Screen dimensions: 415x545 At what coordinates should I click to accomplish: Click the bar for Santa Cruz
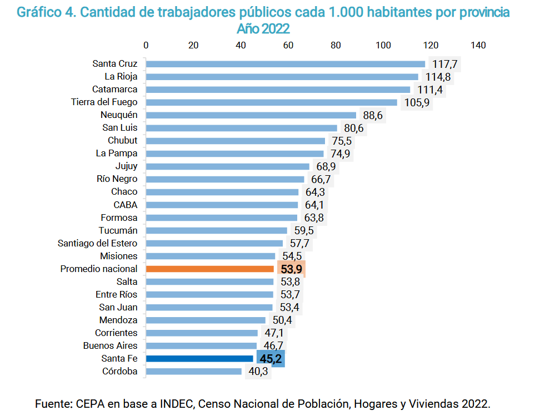point(285,64)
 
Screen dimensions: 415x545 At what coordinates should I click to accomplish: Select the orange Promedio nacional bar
point(210,269)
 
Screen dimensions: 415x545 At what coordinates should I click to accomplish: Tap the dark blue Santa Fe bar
point(199,359)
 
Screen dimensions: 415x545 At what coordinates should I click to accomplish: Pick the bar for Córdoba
point(194,372)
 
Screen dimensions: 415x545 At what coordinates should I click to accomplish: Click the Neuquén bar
point(251,115)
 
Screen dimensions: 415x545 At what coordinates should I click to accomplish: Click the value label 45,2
point(271,359)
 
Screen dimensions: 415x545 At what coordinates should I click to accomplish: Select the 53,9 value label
point(291,269)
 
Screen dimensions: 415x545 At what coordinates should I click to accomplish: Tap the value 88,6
point(372,115)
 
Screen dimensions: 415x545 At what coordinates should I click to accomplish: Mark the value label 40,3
point(258,372)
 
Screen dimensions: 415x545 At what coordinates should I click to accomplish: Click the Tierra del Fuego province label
point(104,102)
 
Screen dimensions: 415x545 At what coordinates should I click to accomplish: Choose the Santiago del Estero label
point(98,243)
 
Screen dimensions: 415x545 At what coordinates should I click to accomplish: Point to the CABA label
point(125,205)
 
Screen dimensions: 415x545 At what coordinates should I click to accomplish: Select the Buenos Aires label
point(110,345)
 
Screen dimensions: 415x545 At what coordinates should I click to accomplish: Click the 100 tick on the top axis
point(383,45)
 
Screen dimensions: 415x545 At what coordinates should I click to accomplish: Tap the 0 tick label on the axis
point(146,45)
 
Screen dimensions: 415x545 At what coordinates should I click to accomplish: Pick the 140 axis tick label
point(478,45)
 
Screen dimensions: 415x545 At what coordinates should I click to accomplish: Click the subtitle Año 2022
point(263,28)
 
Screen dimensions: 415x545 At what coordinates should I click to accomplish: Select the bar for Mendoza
point(206,320)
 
